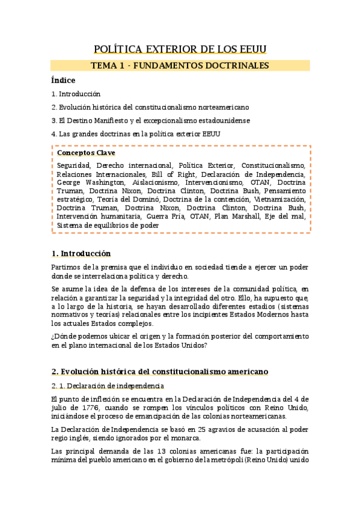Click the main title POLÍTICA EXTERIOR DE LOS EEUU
[180, 49]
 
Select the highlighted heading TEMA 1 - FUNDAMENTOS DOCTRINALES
[180, 66]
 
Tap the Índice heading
[63, 80]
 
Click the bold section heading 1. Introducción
[81, 254]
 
